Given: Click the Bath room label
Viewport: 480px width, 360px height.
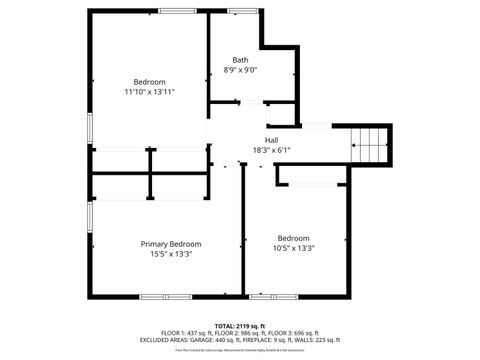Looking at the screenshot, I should tap(240, 60).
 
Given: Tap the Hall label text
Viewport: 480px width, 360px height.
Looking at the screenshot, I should tap(271, 140).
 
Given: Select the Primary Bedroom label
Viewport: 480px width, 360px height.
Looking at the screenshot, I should tap(171, 244).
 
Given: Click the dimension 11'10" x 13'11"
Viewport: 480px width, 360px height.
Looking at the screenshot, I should tap(150, 92).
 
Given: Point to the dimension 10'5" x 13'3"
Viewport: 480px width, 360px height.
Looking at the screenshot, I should tap(294, 248).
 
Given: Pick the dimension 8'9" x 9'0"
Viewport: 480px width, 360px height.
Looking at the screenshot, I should tap(240, 70).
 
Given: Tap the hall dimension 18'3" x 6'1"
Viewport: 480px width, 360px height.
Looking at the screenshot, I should tap(271, 150).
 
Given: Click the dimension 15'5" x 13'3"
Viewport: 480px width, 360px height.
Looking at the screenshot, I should tap(171, 254).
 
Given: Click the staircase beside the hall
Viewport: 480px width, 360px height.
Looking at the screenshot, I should tap(369, 146).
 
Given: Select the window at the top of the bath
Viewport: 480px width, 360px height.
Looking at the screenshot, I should tap(240, 11).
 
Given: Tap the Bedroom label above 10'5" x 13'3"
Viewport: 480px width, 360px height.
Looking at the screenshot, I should tap(294, 238).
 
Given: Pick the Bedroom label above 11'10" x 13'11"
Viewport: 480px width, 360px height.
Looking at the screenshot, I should tap(150, 82).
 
